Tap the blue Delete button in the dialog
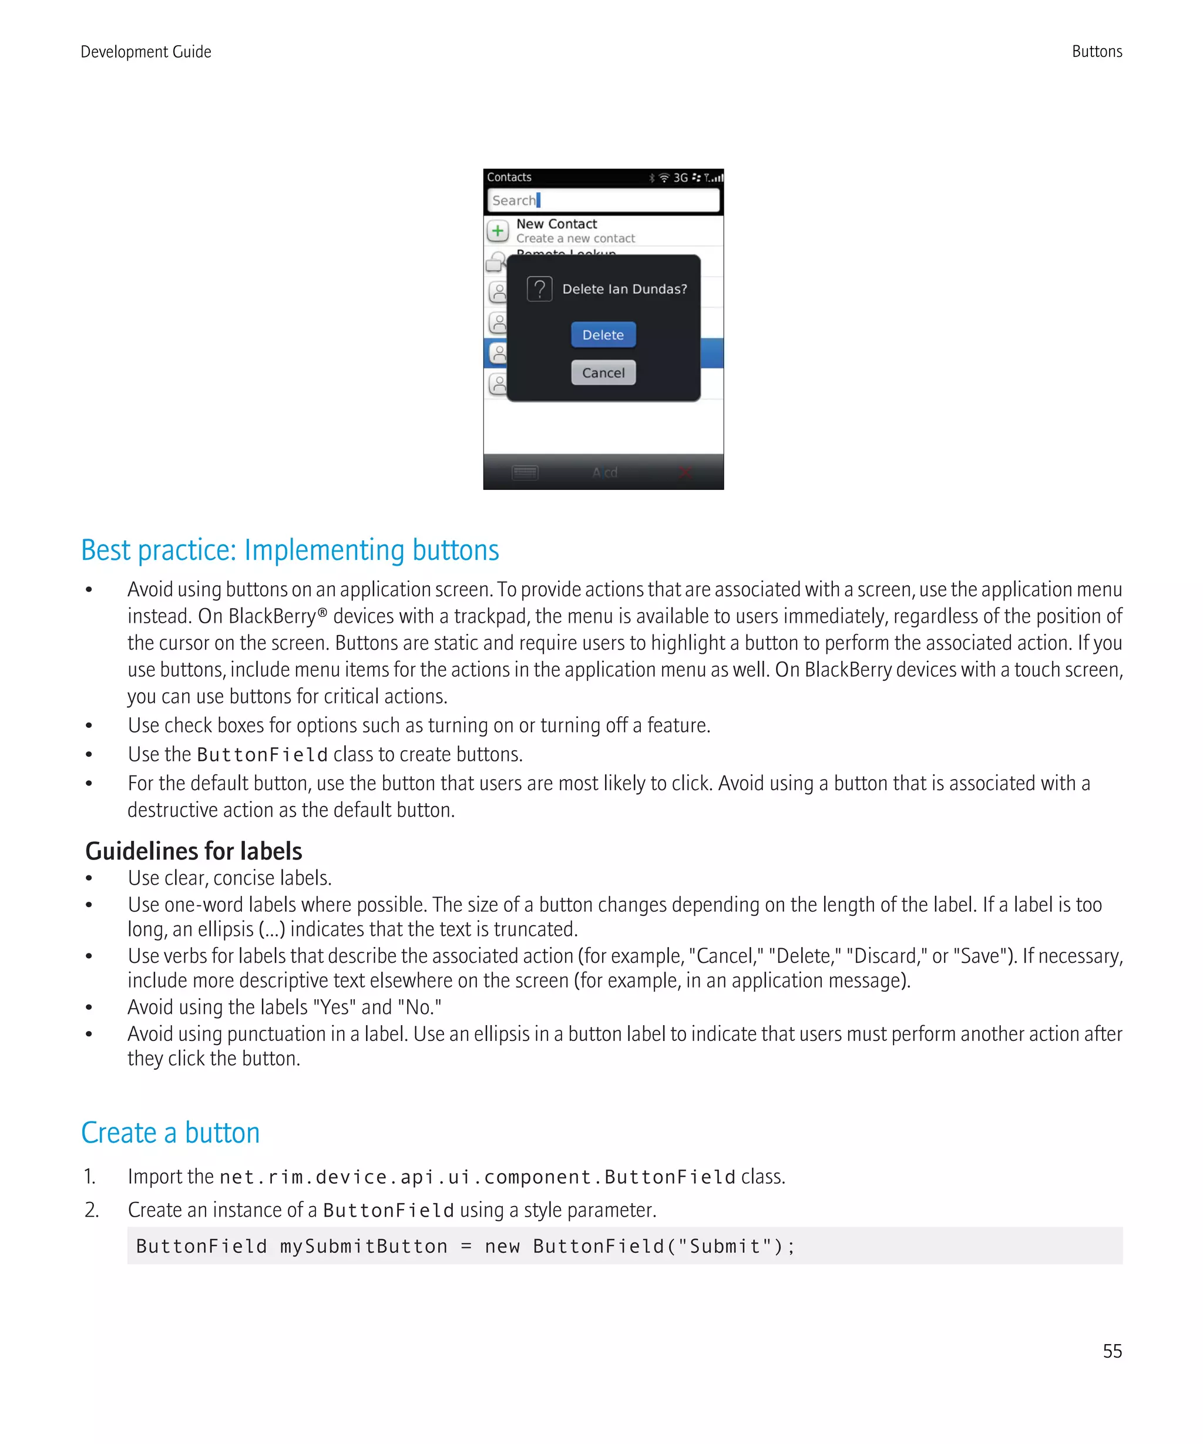pyautogui.click(x=603, y=335)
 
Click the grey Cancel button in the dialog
pyautogui.click(x=603, y=372)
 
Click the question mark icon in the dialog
pyautogui.click(x=540, y=289)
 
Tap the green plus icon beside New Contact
pyautogui.click(x=498, y=231)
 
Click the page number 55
pyautogui.click(x=1111, y=1351)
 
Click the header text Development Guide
pyautogui.click(x=146, y=52)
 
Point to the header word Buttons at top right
pyautogui.click(x=1097, y=52)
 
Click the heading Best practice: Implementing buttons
pyautogui.click(x=290, y=550)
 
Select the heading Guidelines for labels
pyautogui.click(x=193, y=851)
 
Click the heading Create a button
pyautogui.click(x=170, y=1133)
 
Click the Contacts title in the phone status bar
pyautogui.click(x=509, y=177)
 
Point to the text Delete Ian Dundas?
pyautogui.click(x=624, y=290)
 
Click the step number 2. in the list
pyautogui.click(x=92, y=1210)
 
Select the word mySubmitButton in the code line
pyautogui.click(x=363, y=1246)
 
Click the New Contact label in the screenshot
pyautogui.click(x=556, y=224)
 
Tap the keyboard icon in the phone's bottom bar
pyautogui.click(x=525, y=472)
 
